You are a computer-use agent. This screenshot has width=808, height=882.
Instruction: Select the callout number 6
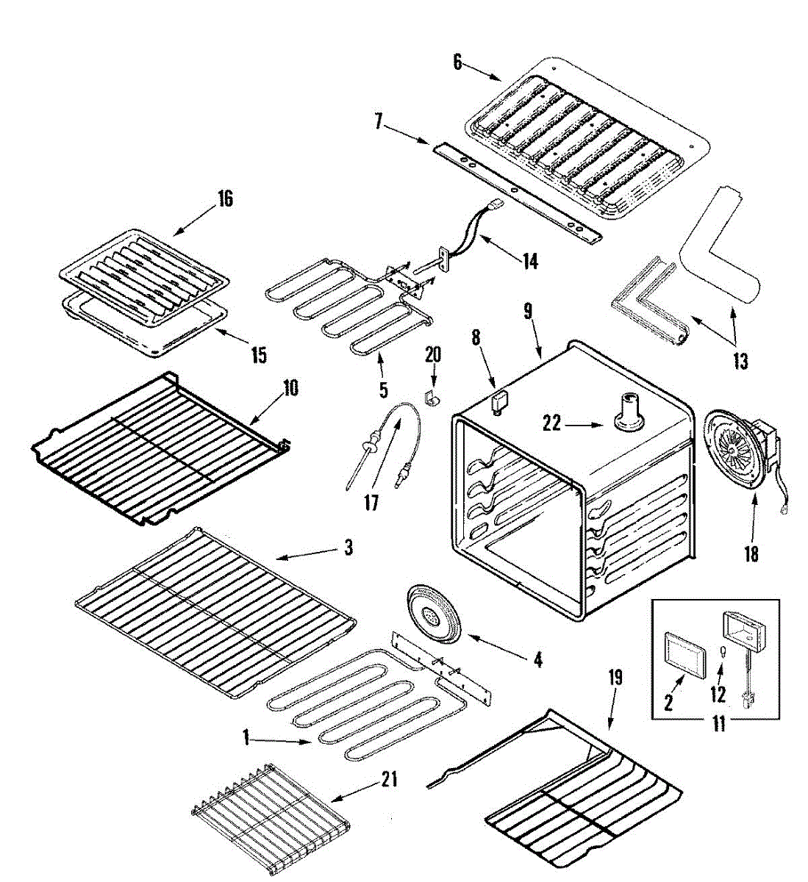pyautogui.click(x=457, y=62)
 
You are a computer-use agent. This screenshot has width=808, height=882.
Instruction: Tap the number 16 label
pyautogui.click(x=224, y=198)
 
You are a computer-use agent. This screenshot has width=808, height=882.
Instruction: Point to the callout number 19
pyautogui.click(x=615, y=677)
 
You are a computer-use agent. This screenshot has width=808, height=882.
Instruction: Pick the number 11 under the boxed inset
pyautogui.click(x=718, y=724)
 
